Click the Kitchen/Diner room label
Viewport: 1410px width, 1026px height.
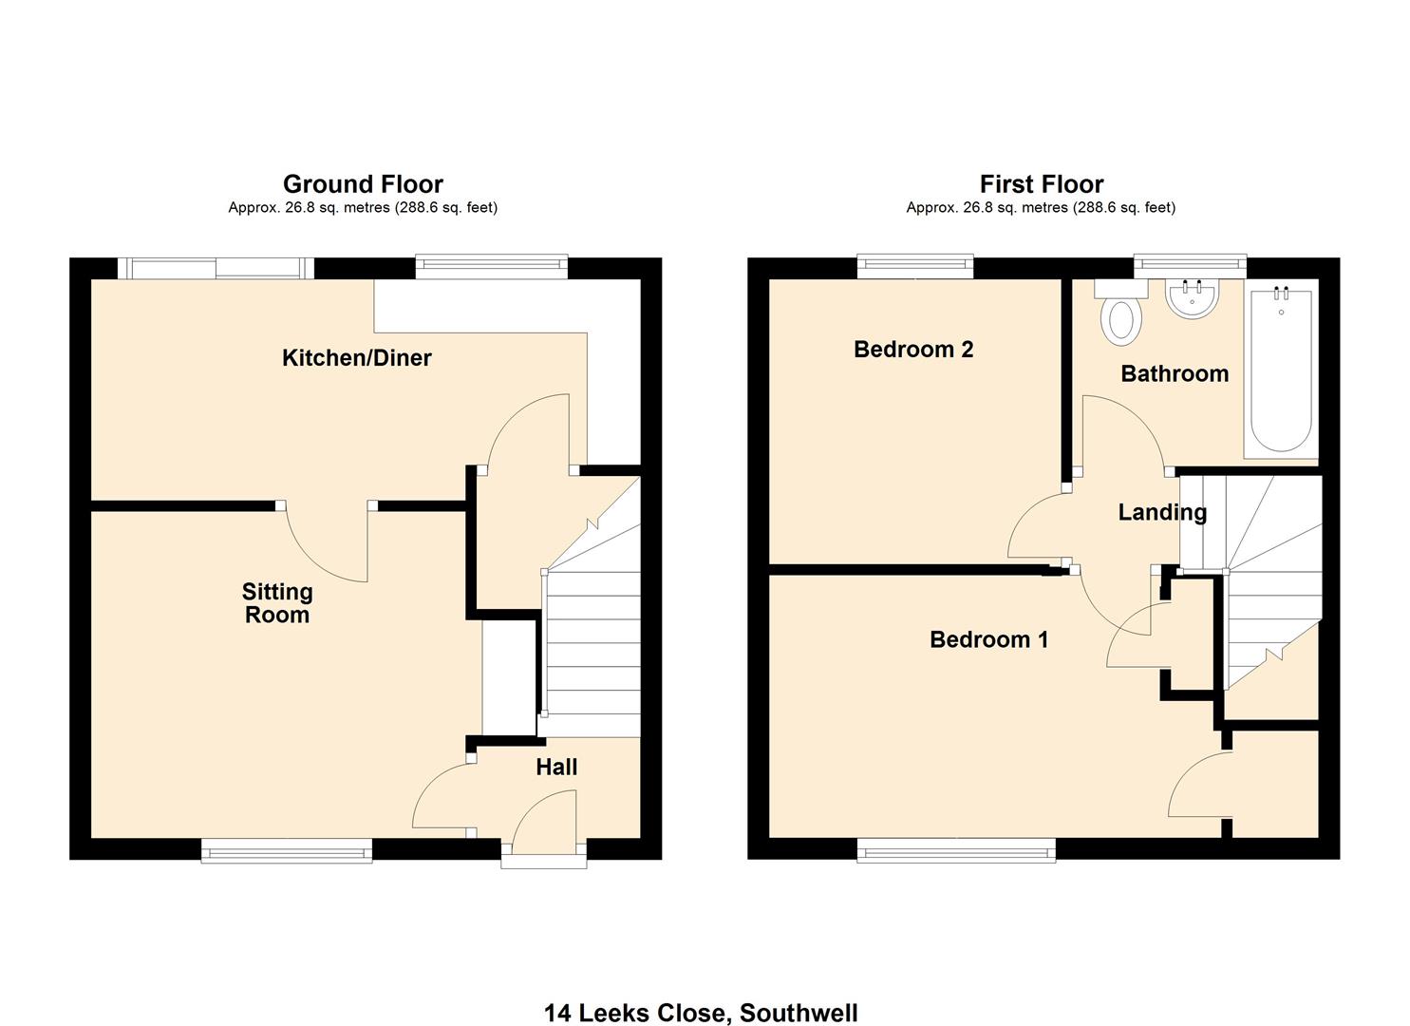tap(357, 358)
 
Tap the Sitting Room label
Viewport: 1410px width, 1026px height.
tap(277, 603)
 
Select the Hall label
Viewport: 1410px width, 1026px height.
tap(556, 768)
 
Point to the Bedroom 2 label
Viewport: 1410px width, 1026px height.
tap(913, 350)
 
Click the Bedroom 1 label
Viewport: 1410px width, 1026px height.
tap(988, 640)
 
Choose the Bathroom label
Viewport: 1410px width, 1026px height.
tap(1175, 374)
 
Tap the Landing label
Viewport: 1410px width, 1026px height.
tap(1162, 513)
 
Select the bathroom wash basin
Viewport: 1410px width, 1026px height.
tap(1192, 298)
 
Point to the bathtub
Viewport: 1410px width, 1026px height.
tap(1281, 370)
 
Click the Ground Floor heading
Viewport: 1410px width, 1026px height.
tap(363, 184)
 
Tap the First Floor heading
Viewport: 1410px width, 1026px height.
tap(1042, 184)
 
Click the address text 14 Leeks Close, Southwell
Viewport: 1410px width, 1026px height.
tap(701, 1013)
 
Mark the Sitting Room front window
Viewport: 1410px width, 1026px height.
tap(287, 851)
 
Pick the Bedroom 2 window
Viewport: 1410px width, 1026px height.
tap(915, 267)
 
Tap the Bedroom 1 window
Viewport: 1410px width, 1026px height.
tap(956, 851)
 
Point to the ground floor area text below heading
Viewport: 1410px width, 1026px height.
tap(363, 208)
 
